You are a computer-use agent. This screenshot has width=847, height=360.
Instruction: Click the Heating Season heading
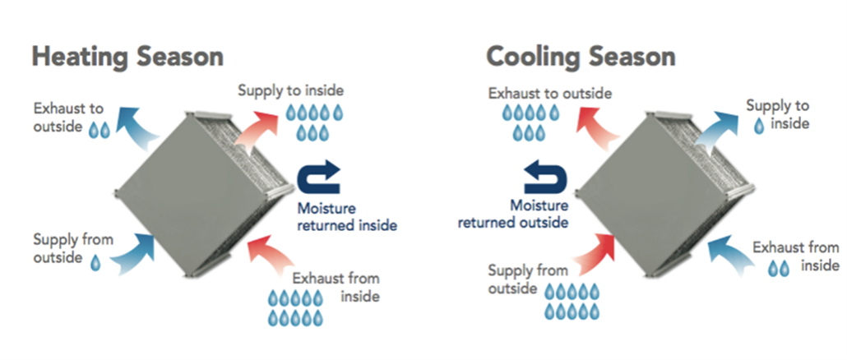(127, 57)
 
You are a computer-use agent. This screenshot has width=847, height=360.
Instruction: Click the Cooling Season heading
(581, 57)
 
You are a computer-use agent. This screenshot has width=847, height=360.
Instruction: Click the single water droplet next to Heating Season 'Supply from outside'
(95, 261)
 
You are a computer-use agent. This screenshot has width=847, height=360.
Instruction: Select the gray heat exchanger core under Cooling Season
(659, 185)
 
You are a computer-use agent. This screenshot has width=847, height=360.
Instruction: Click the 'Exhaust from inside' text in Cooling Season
(795, 256)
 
